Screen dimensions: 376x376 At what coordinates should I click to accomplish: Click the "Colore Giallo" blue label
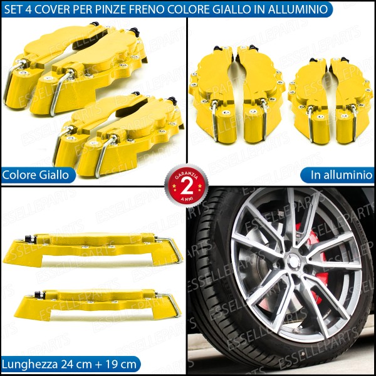coord(38,175)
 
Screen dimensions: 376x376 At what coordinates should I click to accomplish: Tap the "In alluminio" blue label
coord(337,175)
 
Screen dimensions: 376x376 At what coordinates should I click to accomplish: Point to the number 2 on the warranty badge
coord(187,186)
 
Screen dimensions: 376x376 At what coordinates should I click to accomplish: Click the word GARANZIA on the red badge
coord(187,174)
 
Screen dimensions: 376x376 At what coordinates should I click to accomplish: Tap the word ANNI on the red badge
coord(186,198)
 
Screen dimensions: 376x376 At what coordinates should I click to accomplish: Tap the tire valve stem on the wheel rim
coord(297,331)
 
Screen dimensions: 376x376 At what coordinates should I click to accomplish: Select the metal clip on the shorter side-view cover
coord(170,303)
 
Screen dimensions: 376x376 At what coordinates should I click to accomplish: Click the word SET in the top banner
coord(13,9)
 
